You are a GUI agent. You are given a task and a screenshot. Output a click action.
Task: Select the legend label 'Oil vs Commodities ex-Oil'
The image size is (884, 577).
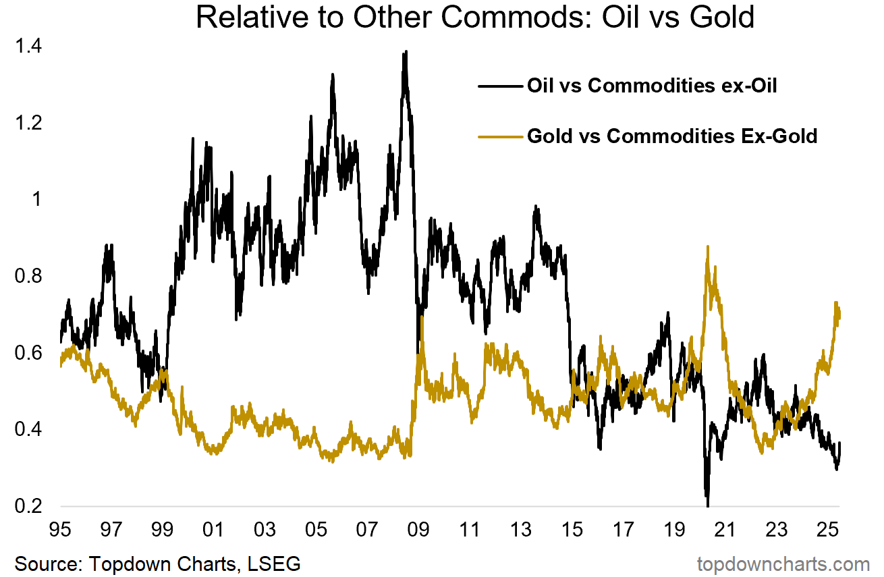point(652,86)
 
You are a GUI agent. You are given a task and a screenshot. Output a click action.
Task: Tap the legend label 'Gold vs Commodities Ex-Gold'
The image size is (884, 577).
point(671,136)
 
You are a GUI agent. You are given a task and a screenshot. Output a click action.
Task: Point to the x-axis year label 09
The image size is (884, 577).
point(419,528)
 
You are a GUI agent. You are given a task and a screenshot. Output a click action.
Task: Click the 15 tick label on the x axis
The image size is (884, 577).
point(572,528)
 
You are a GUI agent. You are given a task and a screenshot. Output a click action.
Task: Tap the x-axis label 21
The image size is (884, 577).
point(725,528)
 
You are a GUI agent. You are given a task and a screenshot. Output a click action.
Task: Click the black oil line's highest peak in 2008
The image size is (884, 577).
point(405,52)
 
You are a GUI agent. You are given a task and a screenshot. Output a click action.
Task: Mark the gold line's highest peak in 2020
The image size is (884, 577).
point(707,247)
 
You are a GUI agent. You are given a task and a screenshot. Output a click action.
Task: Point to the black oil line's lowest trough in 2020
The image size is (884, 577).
point(708,505)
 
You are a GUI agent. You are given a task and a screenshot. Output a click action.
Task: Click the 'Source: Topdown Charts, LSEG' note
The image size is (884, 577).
point(157,563)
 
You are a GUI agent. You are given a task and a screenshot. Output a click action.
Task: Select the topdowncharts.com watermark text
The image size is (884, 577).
point(783,563)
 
